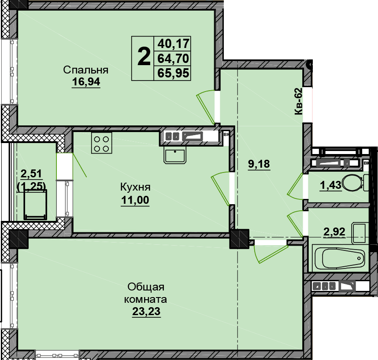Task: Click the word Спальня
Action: click(85, 70)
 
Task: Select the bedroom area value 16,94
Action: click(86, 82)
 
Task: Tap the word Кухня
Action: click(135, 187)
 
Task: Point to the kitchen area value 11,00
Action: click(135, 200)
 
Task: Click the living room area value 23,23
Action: click(146, 311)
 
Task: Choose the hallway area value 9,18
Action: click(259, 164)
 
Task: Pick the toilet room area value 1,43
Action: click(330, 185)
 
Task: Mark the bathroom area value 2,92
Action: click(334, 231)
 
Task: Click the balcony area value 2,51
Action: click(31, 173)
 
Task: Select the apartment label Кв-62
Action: click(298, 101)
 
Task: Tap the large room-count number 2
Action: click(144, 57)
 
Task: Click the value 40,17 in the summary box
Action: click(173, 44)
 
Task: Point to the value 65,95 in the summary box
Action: click(173, 73)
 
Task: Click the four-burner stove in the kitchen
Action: click(101, 143)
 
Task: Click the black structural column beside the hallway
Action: click(239, 239)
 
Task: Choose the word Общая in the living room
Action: click(146, 287)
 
